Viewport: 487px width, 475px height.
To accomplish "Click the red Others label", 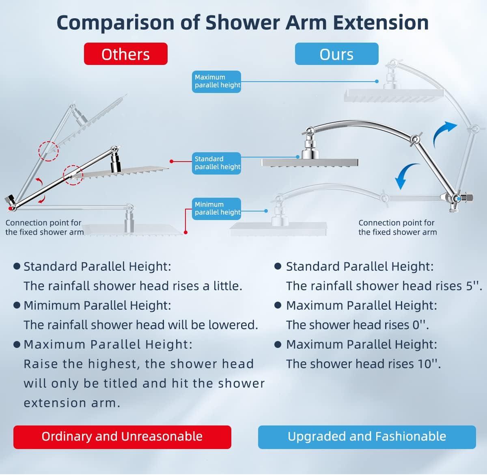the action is point(126,54).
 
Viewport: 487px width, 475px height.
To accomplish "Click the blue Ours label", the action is point(336,54).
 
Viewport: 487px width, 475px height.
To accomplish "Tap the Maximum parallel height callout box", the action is point(216,82).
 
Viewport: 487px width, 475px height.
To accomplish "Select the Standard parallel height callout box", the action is point(216,163).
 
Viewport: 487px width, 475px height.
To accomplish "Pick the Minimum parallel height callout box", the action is point(216,209).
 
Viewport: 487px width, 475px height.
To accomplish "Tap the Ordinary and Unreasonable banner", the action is point(122,437).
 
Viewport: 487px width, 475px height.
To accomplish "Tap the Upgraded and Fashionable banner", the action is point(367,437).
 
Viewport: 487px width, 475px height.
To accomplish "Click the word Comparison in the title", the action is point(115,23).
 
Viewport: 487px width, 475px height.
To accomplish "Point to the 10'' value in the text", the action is point(429,364).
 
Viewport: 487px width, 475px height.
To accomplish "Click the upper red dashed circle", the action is point(48,151).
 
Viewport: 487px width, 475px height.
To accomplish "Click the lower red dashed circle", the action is point(73,175).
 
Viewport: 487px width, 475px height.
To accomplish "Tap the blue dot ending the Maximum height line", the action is point(377,81).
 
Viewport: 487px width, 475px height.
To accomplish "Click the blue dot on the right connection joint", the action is point(459,199).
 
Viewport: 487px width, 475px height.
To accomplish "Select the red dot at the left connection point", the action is point(10,208).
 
